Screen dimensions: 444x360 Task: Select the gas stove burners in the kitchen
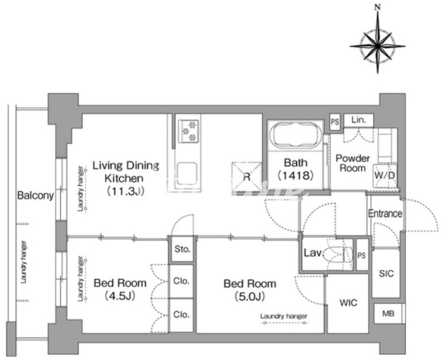click(x=188, y=131)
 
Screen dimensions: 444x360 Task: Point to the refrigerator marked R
click(x=247, y=177)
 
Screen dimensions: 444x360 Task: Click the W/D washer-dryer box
click(x=384, y=176)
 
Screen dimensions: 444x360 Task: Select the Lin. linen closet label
click(x=358, y=120)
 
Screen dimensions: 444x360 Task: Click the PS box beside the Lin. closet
click(x=335, y=122)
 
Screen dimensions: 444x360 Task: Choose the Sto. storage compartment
click(x=182, y=249)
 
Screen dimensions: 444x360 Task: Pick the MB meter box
click(x=388, y=314)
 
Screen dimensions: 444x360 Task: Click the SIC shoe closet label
click(x=386, y=274)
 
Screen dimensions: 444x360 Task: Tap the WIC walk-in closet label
click(x=348, y=303)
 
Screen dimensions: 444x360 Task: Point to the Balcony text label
click(x=35, y=195)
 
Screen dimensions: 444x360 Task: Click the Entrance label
click(x=385, y=213)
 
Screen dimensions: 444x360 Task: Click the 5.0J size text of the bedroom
click(x=249, y=296)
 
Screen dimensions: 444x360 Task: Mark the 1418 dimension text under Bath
click(x=296, y=176)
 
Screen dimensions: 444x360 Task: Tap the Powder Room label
click(x=352, y=163)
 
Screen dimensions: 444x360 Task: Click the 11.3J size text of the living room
click(x=126, y=191)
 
